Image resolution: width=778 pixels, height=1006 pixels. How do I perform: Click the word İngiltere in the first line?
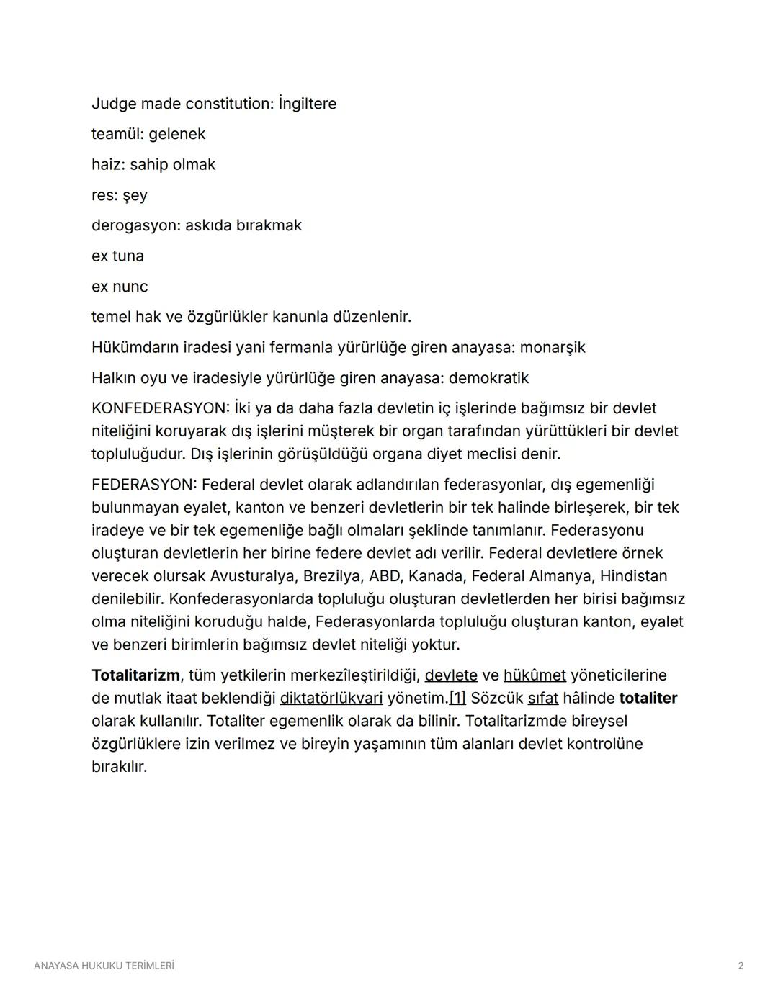click(307, 104)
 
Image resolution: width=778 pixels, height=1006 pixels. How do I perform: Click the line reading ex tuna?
click(117, 256)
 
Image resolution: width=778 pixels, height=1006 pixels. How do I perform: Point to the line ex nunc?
click(120, 287)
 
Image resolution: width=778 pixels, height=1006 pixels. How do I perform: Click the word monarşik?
click(552, 348)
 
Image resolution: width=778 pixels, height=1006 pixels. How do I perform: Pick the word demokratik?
click(488, 378)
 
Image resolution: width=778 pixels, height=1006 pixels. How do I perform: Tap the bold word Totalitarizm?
click(135, 675)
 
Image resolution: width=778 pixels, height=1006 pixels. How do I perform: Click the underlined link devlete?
click(451, 675)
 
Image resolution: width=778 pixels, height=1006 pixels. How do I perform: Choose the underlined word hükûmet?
click(535, 675)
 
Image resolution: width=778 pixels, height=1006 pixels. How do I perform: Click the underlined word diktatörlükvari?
click(331, 699)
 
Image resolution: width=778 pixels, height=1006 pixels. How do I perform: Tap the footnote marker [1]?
click(457, 699)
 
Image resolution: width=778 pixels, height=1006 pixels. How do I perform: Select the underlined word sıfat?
click(542, 699)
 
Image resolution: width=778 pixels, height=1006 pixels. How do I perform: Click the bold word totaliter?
click(648, 699)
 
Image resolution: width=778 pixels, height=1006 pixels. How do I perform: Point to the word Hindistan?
click(633, 576)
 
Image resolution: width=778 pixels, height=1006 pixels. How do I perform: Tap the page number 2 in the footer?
click(741, 966)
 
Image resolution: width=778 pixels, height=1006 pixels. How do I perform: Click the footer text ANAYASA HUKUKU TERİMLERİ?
click(104, 966)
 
